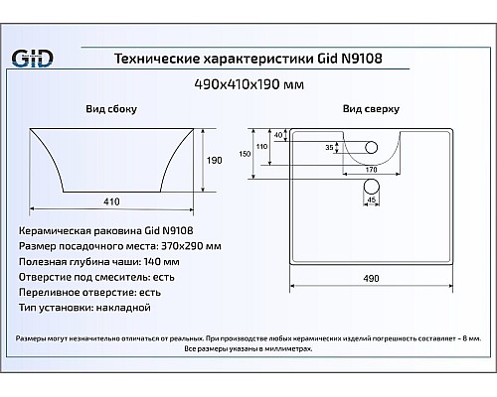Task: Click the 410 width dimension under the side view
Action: click(x=111, y=201)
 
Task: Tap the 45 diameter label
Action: click(x=372, y=199)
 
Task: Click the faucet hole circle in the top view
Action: click(x=372, y=148)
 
